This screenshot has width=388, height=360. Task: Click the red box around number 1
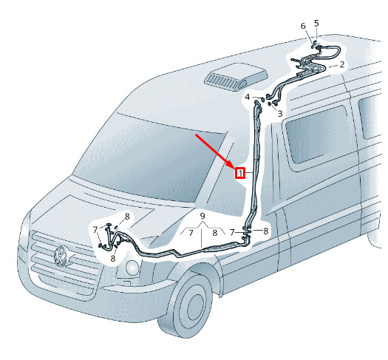pos(240,173)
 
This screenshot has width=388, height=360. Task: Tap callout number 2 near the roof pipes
pos(342,65)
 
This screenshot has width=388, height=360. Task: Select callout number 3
pos(279,114)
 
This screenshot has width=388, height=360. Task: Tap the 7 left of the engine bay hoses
pos(95,230)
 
